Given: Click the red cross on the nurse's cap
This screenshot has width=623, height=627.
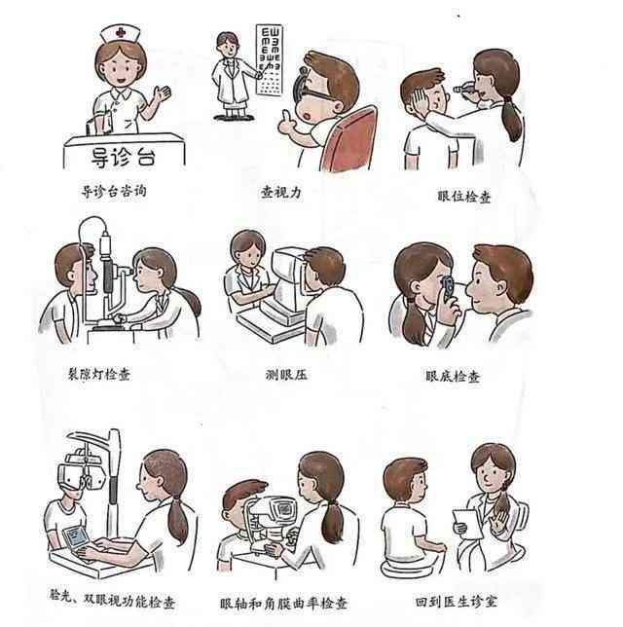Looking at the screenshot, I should (x=120, y=32).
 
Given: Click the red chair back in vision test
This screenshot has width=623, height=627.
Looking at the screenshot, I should (x=351, y=137).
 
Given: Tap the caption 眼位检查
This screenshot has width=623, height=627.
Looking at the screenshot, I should (x=465, y=197).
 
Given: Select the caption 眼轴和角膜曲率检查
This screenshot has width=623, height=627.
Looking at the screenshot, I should (x=283, y=603).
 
